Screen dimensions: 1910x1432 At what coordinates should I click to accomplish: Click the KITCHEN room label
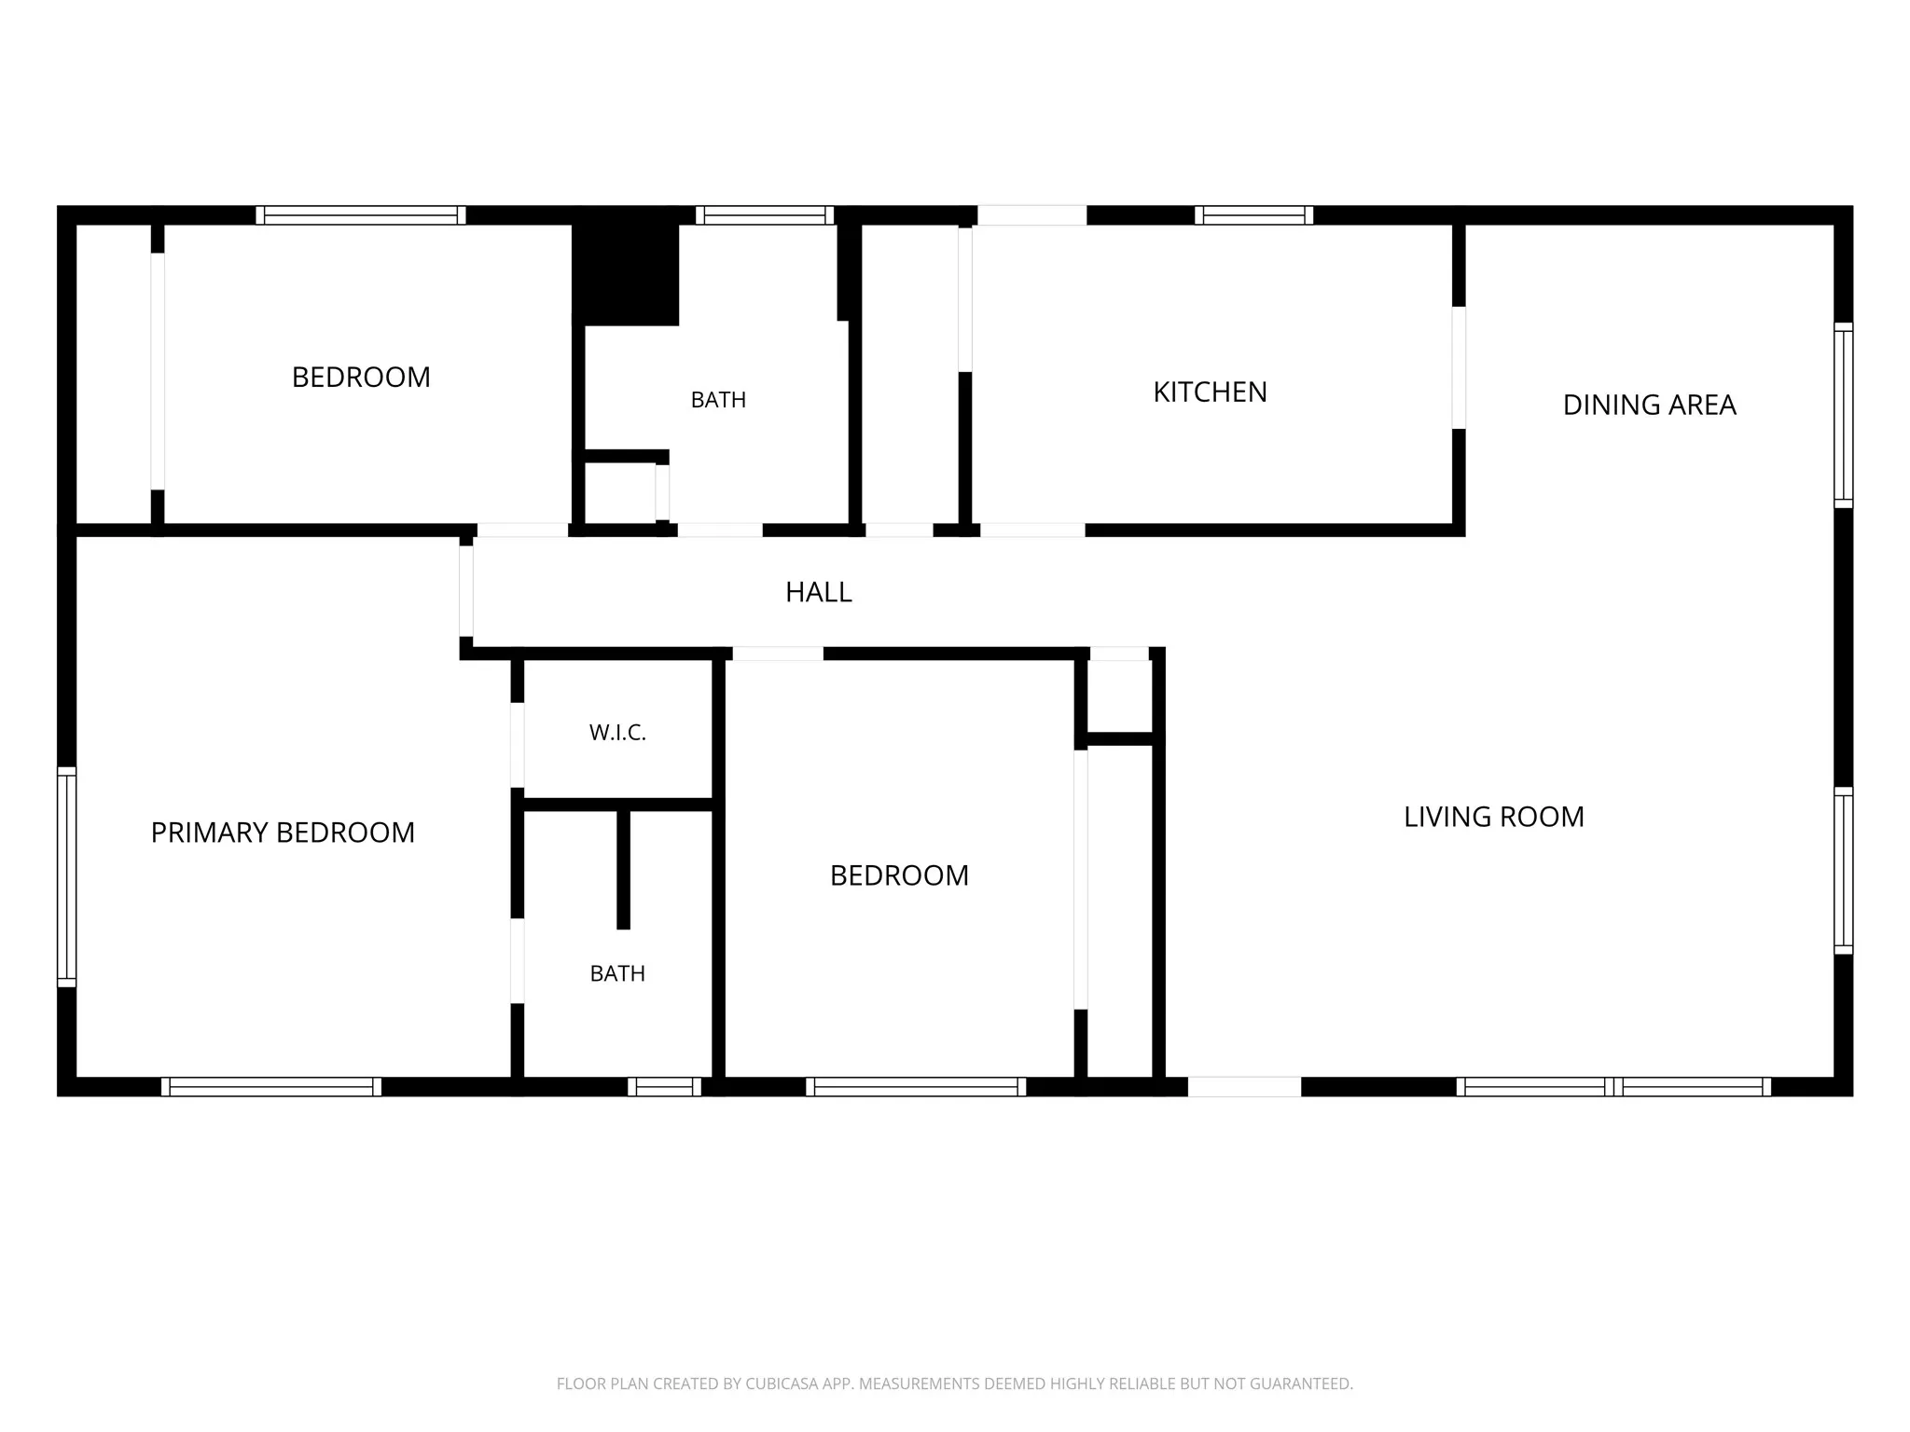coord(1210,392)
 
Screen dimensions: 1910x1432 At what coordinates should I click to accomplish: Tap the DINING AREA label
coord(1649,405)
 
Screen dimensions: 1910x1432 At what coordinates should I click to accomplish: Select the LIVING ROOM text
coord(1494,817)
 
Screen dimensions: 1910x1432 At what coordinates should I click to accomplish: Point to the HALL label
coord(819,592)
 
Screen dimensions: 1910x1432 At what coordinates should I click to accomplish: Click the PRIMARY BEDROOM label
coord(283,833)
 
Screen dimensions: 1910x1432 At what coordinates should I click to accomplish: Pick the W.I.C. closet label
coord(617,733)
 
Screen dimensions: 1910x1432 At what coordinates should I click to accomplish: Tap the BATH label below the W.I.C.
coord(617,973)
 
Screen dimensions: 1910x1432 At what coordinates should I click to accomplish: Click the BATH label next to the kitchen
coord(718,400)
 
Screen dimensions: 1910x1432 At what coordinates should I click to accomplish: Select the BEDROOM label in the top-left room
coord(361,378)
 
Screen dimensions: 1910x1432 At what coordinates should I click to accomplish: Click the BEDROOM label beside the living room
coord(899,875)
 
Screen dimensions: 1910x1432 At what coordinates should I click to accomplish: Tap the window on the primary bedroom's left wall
coord(66,876)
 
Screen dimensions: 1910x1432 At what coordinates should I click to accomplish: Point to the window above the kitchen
coord(1254,215)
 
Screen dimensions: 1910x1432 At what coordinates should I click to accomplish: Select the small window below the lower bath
coord(664,1086)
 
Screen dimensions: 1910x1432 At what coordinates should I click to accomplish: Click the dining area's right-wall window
coord(1844,415)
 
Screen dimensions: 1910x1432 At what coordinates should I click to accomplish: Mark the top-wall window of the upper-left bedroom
coord(361,215)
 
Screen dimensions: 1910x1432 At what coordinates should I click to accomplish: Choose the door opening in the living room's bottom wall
coord(1244,1086)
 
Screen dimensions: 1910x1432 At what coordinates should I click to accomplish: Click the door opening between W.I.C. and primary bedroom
coord(517,745)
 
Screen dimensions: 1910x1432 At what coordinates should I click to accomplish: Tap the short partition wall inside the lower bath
coord(623,869)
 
